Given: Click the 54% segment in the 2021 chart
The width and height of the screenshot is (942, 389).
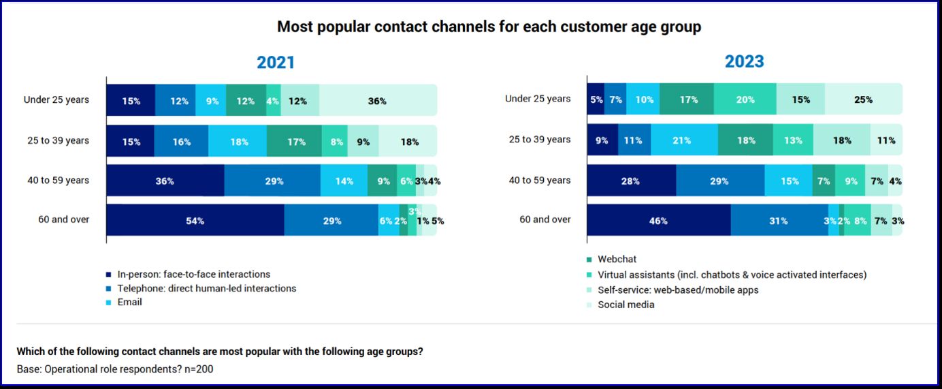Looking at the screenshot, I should [195, 221].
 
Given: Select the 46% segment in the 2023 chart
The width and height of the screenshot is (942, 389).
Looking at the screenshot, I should [658, 221].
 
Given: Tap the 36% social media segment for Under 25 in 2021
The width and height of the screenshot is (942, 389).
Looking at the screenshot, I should [377, 101].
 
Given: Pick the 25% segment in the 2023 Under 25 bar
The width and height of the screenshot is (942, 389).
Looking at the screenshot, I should [863, 99].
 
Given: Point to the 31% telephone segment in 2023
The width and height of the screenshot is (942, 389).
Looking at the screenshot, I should [779, 221].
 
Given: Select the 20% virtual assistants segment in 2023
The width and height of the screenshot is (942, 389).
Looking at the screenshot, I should [745, 99].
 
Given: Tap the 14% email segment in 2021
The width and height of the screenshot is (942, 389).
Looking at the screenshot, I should [344, 181].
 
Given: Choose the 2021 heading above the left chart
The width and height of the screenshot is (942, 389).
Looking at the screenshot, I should [276, 63].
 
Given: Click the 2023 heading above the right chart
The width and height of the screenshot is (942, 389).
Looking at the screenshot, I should [744, 61].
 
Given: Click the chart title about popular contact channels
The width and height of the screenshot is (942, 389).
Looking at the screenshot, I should [489, 27].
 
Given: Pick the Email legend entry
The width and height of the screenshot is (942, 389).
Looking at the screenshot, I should [129, 302].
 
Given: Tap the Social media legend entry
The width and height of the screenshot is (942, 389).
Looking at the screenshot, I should [626, 305].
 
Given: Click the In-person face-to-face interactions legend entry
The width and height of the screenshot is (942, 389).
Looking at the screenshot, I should [193, 275].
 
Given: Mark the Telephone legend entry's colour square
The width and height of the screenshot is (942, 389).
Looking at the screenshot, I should [109, 289].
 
